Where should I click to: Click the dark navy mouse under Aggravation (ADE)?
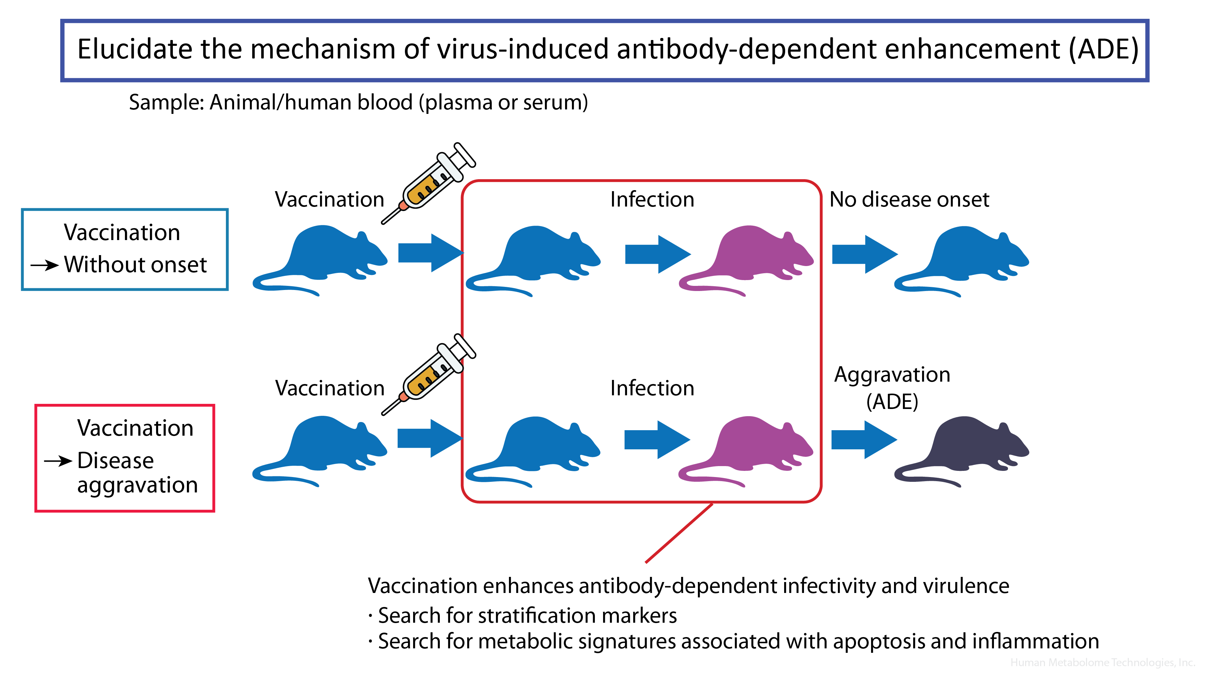(x=963, y=448)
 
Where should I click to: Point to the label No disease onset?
(x=909, y=200)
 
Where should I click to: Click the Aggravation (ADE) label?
(x=892, y=387)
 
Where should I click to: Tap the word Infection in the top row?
(x=652, y=200)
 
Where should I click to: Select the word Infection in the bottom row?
(x=652, y=388)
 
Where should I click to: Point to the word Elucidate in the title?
(x=135, y=49)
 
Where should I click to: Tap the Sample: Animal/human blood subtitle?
(x=358, y=102)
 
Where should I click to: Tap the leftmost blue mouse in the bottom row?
(x=321, y=448)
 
